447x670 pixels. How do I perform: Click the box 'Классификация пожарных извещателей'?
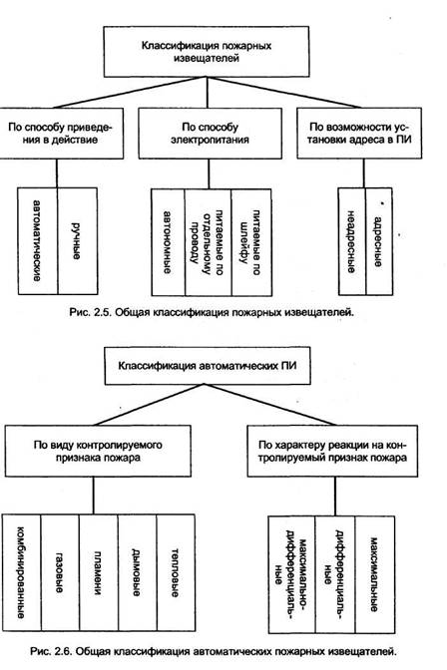(x=207, y=52)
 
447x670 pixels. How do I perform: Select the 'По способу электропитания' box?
(x=210, y=134)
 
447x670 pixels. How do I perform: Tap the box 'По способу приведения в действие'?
(x=61, y=134)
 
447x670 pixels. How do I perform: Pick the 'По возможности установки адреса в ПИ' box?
(x=359, y=134)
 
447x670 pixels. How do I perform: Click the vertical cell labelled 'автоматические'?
(x=38, y=241)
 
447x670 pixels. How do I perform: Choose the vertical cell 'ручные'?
(x=78, y=241)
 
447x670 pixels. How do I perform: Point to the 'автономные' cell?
(x=168, y=242)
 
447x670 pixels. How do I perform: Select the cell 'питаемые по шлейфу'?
(x=251, y=242)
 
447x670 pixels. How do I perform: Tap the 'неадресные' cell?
(x=352, y=241)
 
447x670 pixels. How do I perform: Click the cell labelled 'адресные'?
(x=379, y=241)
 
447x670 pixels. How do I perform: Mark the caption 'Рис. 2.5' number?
(x=90, y=312)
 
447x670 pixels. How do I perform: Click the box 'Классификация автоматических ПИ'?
(x=208, y=366)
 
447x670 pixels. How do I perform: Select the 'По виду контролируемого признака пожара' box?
(x=98, y=451)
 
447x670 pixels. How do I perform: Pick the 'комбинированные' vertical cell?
(x=22, y=572)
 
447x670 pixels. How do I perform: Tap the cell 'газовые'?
(x=60, y=572)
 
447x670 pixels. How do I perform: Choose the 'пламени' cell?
(x=99, y=572)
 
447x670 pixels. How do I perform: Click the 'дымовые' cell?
(x=138, y=572)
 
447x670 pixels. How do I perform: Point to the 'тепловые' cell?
(x=176, y=572)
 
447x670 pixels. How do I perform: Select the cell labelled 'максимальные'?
(x=375, y=574)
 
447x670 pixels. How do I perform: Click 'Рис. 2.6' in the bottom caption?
(x=51, y=652)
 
